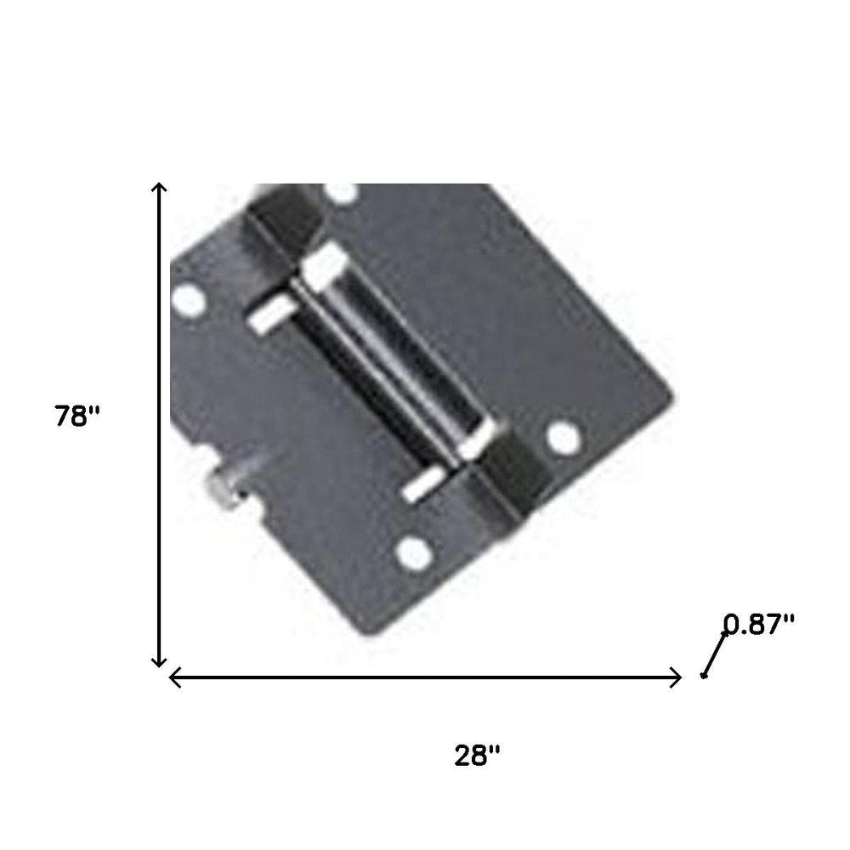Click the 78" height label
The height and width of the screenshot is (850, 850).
(77, 416)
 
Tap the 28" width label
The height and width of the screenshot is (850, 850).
(477, 755)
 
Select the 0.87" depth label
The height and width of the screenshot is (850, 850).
(759, 624)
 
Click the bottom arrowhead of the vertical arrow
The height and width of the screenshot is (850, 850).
(158, 662)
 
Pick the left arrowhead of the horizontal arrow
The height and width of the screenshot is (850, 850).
(174, 677)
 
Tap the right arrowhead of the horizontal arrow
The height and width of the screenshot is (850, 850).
(676, 677)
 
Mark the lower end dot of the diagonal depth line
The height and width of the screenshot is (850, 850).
(703, 676)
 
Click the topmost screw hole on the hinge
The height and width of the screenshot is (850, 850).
(341, 192)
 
